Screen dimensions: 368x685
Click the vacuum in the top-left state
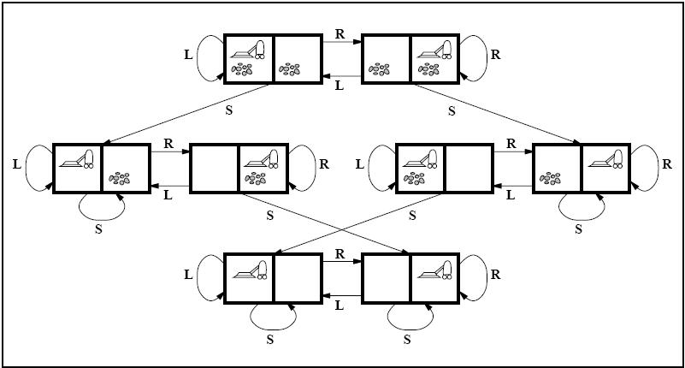coord(249,49)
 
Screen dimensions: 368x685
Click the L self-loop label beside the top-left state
coord(188,55)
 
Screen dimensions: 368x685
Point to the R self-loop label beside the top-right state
coord(495,55)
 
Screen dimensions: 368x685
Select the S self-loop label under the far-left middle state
coord(100,228)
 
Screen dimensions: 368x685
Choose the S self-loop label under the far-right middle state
coord(578,228)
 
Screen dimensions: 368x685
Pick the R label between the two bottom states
coord(340,254)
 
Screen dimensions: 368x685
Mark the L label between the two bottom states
coord(340,304)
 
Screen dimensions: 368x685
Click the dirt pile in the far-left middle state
coord(120,178)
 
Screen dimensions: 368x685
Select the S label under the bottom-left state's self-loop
coord(271,339)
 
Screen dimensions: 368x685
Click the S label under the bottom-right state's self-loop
coord(408,339)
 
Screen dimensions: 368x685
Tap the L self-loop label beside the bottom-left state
coord(188,276)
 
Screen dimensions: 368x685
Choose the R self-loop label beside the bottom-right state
coord(495,276)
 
